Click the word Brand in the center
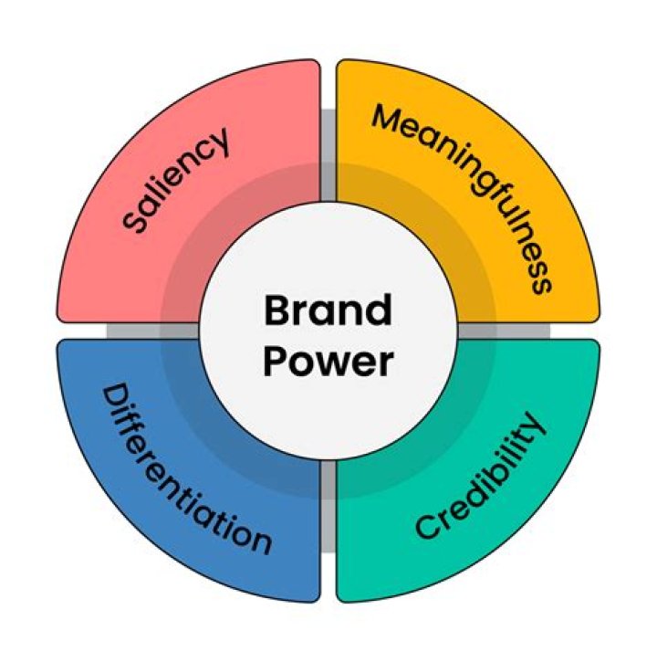[328, 311]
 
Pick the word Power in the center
[328, 362]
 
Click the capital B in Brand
[276, 311]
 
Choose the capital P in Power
[275, 362]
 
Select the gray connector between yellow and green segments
[529, 331]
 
